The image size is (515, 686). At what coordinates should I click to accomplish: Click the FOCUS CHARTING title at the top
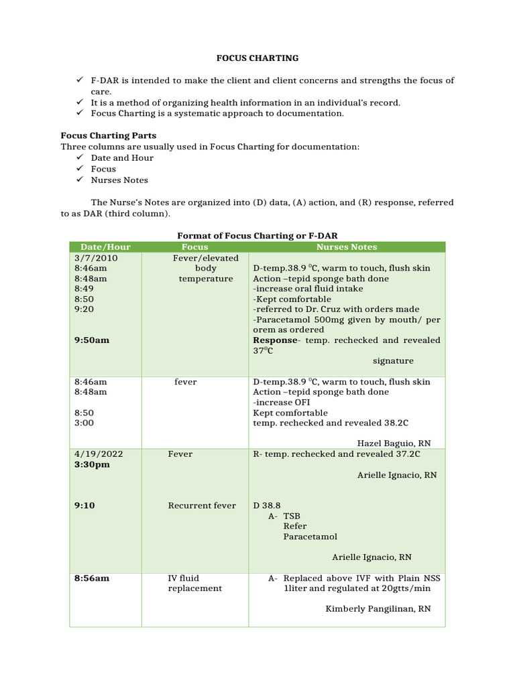257,58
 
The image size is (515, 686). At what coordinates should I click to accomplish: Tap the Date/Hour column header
105,247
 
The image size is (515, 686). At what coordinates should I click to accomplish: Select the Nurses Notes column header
347,247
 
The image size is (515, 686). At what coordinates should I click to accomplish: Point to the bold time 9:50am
92,340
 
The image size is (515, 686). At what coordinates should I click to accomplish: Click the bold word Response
274,340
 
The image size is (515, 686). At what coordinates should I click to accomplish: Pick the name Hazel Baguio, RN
394,443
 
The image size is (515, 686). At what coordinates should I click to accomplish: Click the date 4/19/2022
99,454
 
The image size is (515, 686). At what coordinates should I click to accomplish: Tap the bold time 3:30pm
92,464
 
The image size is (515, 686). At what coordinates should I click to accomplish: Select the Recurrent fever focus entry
202,506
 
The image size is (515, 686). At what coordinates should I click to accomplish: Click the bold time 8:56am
92,578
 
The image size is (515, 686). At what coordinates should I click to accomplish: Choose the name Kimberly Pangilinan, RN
378,609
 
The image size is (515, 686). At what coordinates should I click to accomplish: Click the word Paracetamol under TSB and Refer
310,537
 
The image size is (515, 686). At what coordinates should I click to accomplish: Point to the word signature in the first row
393,361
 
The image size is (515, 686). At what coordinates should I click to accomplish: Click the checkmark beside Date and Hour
79,158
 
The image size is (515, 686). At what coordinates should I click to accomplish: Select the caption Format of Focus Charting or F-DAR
257,236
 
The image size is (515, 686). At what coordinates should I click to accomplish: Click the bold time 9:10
84,506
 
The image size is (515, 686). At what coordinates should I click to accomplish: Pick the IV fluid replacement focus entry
194,583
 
